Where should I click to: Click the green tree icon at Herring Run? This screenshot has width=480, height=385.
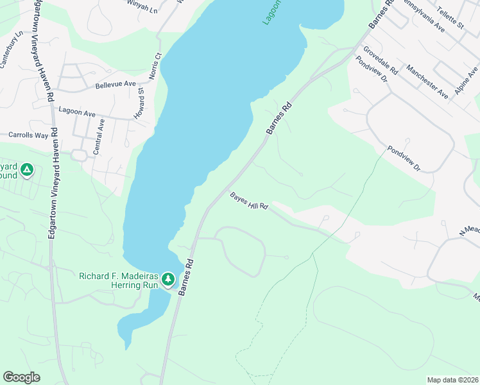point(167,279)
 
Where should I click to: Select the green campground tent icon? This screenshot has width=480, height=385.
point(26,170)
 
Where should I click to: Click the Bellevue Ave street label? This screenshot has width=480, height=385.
point(116,84)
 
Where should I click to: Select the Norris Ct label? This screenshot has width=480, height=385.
point(153,66)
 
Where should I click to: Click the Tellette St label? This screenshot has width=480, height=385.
point(450,16)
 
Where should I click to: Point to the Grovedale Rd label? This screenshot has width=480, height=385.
point(381,61)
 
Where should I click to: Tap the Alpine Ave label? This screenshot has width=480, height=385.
point(467,80)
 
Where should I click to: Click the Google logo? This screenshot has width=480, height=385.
point(21,377)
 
